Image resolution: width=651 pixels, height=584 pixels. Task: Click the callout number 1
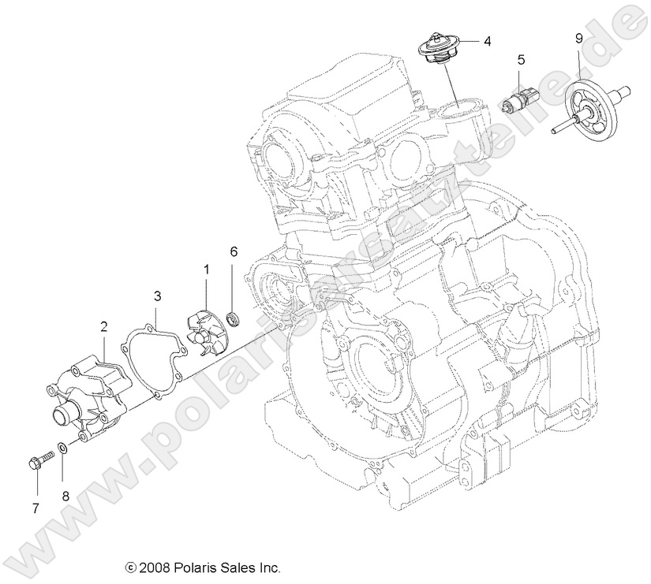(207, 270)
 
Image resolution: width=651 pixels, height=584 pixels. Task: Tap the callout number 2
(103, 325)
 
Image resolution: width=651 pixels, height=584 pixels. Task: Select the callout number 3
(157, 296)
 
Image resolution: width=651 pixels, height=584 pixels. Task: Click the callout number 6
(234, 251)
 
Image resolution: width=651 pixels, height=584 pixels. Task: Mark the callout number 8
(65, 496)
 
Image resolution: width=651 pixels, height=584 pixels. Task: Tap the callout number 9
(579, 38)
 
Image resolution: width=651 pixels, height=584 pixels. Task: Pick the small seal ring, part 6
(233, 318)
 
